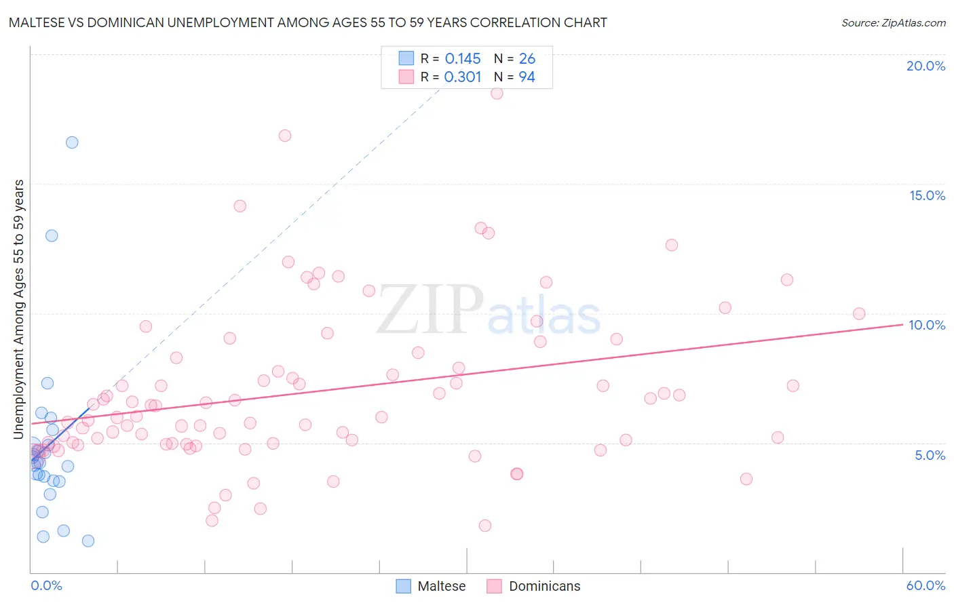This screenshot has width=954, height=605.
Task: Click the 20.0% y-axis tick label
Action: (926, 66)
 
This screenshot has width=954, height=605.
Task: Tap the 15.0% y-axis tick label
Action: (927, 195)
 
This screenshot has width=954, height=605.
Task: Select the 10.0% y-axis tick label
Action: (927, 325)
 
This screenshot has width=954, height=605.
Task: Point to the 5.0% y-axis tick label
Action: (930, 455)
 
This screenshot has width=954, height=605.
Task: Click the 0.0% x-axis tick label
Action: (46, 585)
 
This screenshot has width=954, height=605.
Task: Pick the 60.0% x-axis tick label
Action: (926, 585)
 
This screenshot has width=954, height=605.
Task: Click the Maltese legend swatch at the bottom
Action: (404, 586)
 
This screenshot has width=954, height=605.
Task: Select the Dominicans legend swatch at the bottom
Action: (495, 586)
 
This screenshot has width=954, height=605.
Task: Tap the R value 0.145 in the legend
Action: (463, 59)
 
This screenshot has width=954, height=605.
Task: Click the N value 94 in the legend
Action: (527, 77)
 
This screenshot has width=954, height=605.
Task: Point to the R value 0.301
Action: (463, 77)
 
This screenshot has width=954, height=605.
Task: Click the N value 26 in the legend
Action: (527, 59)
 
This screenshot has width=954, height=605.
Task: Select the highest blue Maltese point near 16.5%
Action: (72, 142)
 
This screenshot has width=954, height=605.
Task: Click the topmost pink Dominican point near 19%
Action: (497, 94)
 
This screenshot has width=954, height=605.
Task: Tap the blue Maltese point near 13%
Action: (52, 236)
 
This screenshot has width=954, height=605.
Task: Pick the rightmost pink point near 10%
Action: (859, 313)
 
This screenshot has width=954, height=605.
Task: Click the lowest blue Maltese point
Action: (88, 541)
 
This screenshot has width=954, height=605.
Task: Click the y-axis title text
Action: (18, 309)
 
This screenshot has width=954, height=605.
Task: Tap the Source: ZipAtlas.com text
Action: (893, 23)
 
